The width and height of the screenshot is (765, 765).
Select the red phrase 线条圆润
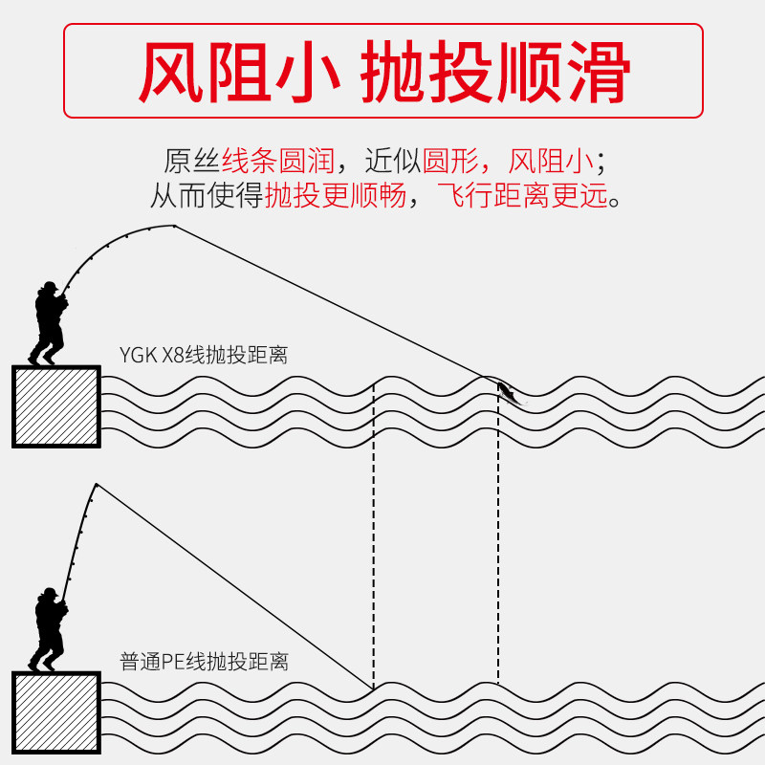[x=277, y=159]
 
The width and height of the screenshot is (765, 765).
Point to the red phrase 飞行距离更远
[x=521, y=197]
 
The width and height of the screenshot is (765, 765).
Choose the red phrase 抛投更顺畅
[x=336, y=197]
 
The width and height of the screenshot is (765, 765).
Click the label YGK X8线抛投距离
[x=204, y=356]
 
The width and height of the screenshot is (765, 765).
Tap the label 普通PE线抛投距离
[x=204, y=661]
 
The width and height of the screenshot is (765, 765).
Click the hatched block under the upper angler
[x=56, y=406]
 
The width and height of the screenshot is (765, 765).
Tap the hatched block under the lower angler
[x=56, y=712]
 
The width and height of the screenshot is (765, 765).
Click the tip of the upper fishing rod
[x=175, y=226]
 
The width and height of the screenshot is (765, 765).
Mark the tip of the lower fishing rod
[x=97, y=484]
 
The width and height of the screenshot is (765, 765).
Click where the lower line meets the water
[x=373, y=688]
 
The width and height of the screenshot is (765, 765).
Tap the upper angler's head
[x=47, y=288]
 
